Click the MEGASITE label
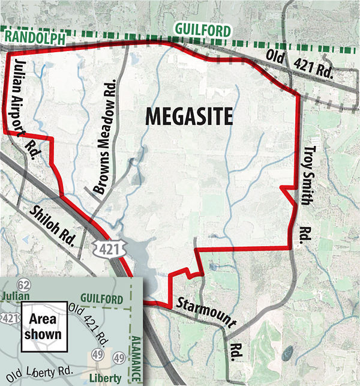point(188,116)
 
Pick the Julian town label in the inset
point(16,296)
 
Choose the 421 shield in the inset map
point(8,317)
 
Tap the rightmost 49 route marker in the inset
point(119,360)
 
